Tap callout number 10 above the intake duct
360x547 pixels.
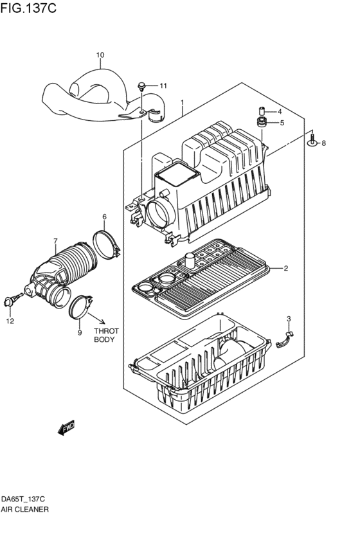(100, 55)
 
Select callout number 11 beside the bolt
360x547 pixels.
(163, 85)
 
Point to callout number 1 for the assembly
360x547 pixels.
(183, 102)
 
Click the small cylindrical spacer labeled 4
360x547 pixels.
(262, 110)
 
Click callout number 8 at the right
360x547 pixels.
(323, 143)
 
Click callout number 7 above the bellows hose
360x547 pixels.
(55, 242)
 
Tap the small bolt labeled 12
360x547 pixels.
(11, 300)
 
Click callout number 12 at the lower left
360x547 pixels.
(10, 320)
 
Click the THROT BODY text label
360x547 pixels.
(104, 334)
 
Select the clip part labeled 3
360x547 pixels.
(285, 338)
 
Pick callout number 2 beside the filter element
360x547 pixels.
(285, 268)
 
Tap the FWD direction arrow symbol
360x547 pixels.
(66, 427)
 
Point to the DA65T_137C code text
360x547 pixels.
(23, 499)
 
